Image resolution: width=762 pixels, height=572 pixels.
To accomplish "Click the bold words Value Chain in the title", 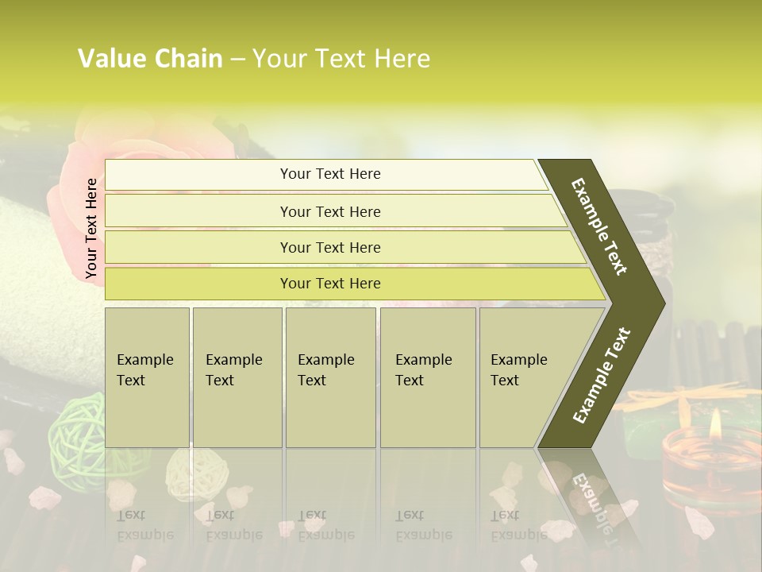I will pyautogui.click(x=150, y=59).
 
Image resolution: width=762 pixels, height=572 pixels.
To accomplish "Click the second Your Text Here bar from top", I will pyautogui.click(x=330, y=211).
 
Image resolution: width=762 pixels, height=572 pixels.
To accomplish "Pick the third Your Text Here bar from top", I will pyautogui.click(x=330, y=247).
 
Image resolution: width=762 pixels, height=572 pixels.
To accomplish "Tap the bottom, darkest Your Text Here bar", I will pyautogui.click(x=330, y=284).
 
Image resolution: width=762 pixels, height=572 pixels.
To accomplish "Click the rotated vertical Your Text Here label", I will pyautogui.click(x=91, y=228).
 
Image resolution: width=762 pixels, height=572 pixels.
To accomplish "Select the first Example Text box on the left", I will pyautogui.click(x=147, y=377).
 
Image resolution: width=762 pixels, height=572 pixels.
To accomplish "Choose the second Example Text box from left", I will pyautogui.click(x=237, y=377).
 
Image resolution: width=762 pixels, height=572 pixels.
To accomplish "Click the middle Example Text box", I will pyautogui.click(x=330, y=377).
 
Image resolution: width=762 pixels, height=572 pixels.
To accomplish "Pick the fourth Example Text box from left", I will pyautogui.click(x=427, y=377).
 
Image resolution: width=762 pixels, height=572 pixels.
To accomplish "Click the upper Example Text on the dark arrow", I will pyautogui.click(x=600, y=226).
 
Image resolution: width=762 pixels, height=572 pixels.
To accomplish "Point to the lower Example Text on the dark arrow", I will pyautogui.click(x=602, y=375).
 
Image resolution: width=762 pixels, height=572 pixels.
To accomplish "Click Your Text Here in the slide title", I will pyautogui.click(x=341, y=59).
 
